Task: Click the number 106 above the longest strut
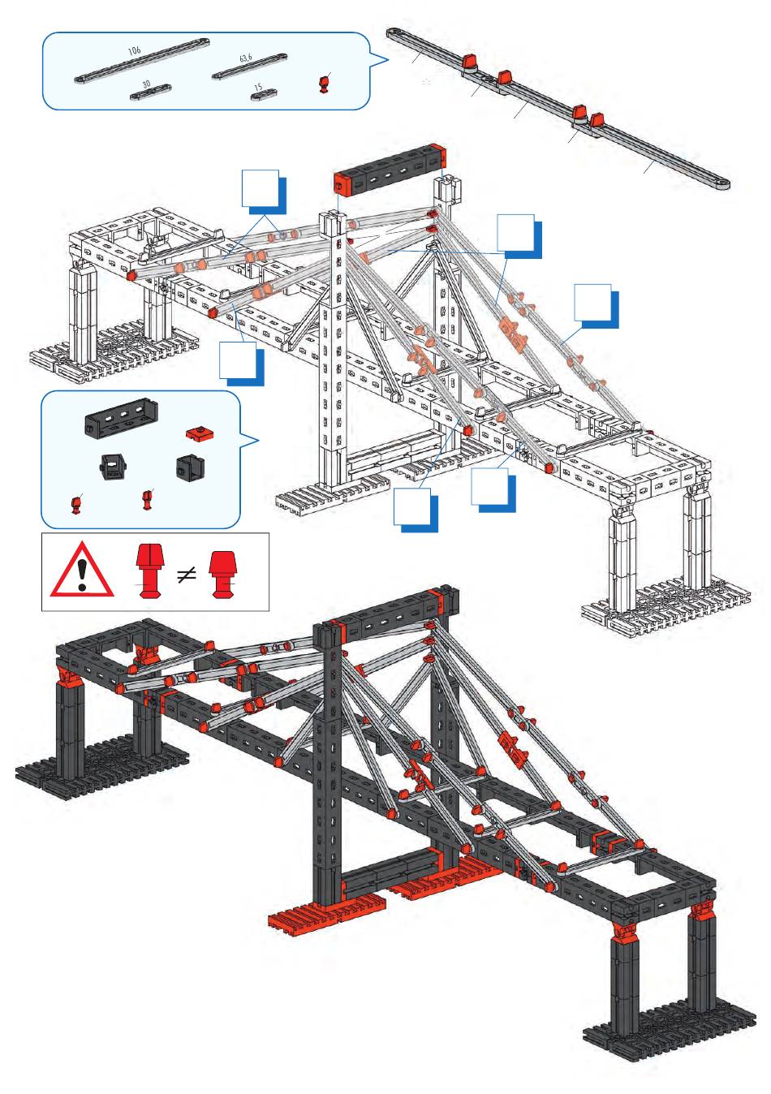click(135, 50)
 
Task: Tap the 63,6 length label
click(246, 58)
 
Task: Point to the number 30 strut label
click(146, 84)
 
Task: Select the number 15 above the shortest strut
click(257, 87)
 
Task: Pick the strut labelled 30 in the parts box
click(151, 93)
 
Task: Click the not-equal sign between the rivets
click(187, 575)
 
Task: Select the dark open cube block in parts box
click(190, 467)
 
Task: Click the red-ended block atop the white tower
click(390, 168)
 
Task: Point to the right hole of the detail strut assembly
click(718, 184)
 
